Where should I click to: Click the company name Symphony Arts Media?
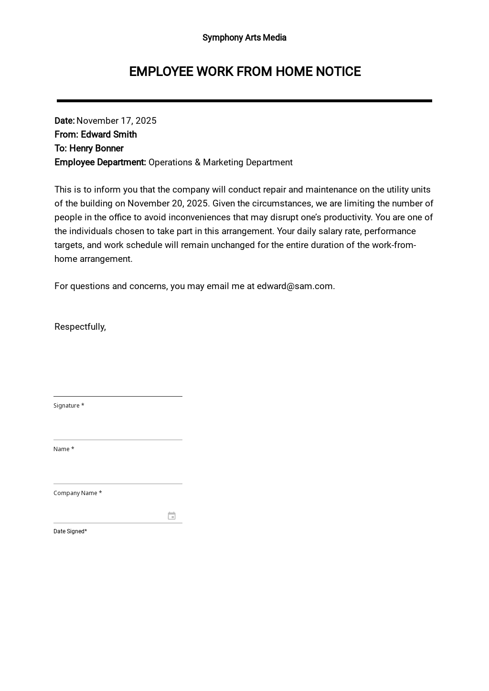point(244,38)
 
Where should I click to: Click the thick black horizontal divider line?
point(244,101)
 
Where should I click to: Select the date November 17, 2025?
point(116,121)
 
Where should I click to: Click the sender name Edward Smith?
point(108,135)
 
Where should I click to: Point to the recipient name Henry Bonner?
point(96,149)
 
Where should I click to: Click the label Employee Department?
point(100,162)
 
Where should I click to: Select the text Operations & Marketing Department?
point(220,162)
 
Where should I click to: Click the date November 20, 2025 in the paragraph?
point(168,204)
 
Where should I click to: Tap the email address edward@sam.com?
point(295,286)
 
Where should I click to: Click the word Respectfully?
point(79,327)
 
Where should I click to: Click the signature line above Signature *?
point(117,396)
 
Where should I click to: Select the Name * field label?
point(64,449)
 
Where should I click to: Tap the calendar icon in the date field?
point(171,516)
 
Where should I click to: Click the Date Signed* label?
point(70,531)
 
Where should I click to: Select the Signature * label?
point(68,406)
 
